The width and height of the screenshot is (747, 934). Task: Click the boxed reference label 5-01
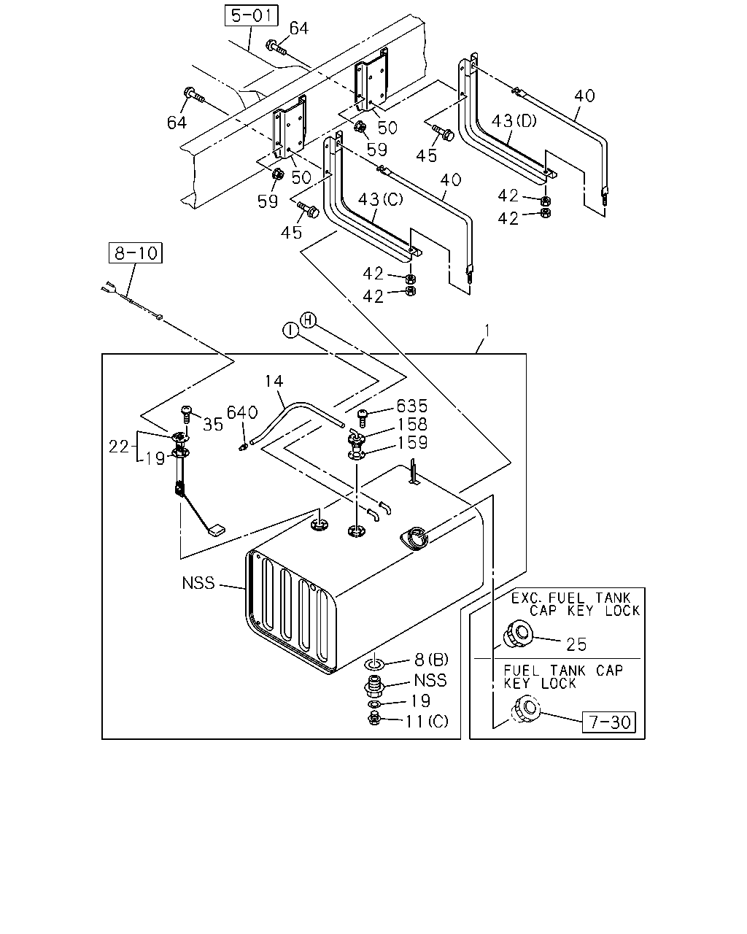point(252,15)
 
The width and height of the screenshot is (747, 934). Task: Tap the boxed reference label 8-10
point(136,252)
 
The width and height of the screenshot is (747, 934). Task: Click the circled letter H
point(308,320)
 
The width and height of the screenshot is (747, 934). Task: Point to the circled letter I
point(290,331)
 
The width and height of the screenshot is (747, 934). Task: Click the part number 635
point(412,406)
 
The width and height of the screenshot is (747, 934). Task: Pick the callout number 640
point(242,412)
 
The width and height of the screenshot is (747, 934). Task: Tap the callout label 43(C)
point(380,199)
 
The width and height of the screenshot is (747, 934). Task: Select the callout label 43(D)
point(514,120)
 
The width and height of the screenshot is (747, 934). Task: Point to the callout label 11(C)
point(426,722)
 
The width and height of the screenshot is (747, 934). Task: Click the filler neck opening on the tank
point(414,538)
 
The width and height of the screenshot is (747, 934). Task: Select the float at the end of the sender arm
point(217,530)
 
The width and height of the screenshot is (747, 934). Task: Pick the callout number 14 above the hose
point(274,381)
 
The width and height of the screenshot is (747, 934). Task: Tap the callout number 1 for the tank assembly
point(487,331)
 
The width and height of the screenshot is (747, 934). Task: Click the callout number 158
point(412,424)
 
